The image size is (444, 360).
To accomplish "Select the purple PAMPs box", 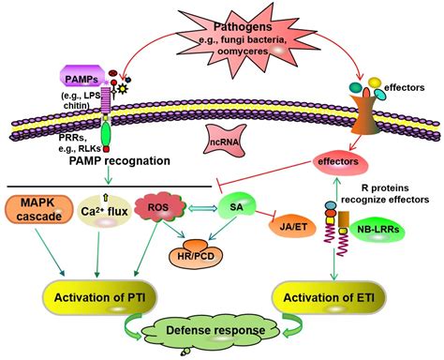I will click(x=82, y=73).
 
